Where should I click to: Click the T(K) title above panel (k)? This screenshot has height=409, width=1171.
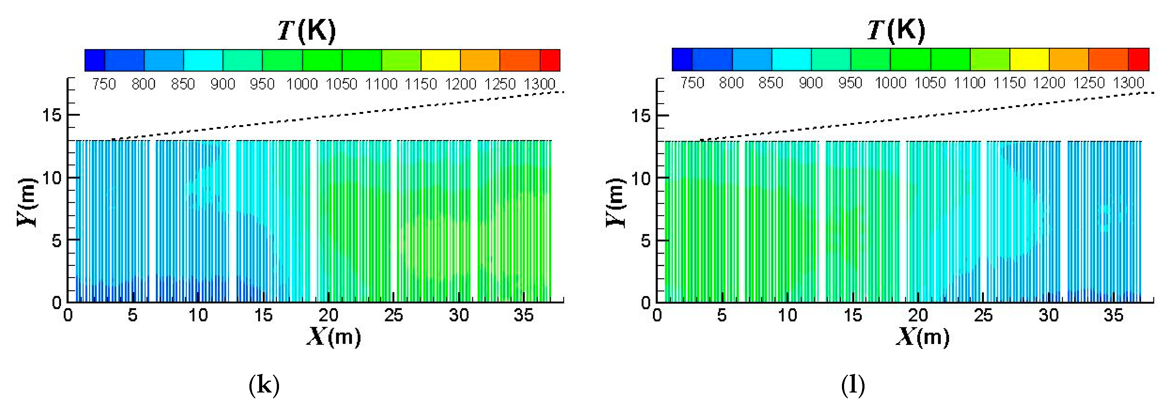307,31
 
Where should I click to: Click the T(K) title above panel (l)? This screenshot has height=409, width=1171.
896,31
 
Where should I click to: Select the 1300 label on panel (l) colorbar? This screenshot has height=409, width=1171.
1129,83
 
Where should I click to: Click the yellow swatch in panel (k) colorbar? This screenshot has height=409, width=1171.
440,60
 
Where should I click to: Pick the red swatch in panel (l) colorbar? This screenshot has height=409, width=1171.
1139,60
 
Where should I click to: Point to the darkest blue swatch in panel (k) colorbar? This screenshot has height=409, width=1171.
95,60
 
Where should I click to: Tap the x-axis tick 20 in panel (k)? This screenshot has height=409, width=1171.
328,315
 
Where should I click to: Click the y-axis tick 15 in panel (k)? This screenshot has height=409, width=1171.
51,115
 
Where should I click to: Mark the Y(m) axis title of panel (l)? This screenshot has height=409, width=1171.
616,202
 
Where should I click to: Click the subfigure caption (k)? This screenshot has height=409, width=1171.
264,385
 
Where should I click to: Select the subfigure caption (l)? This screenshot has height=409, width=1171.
853,385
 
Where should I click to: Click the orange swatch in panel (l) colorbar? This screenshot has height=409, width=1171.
1069,60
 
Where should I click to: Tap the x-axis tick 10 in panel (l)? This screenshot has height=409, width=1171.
787,315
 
